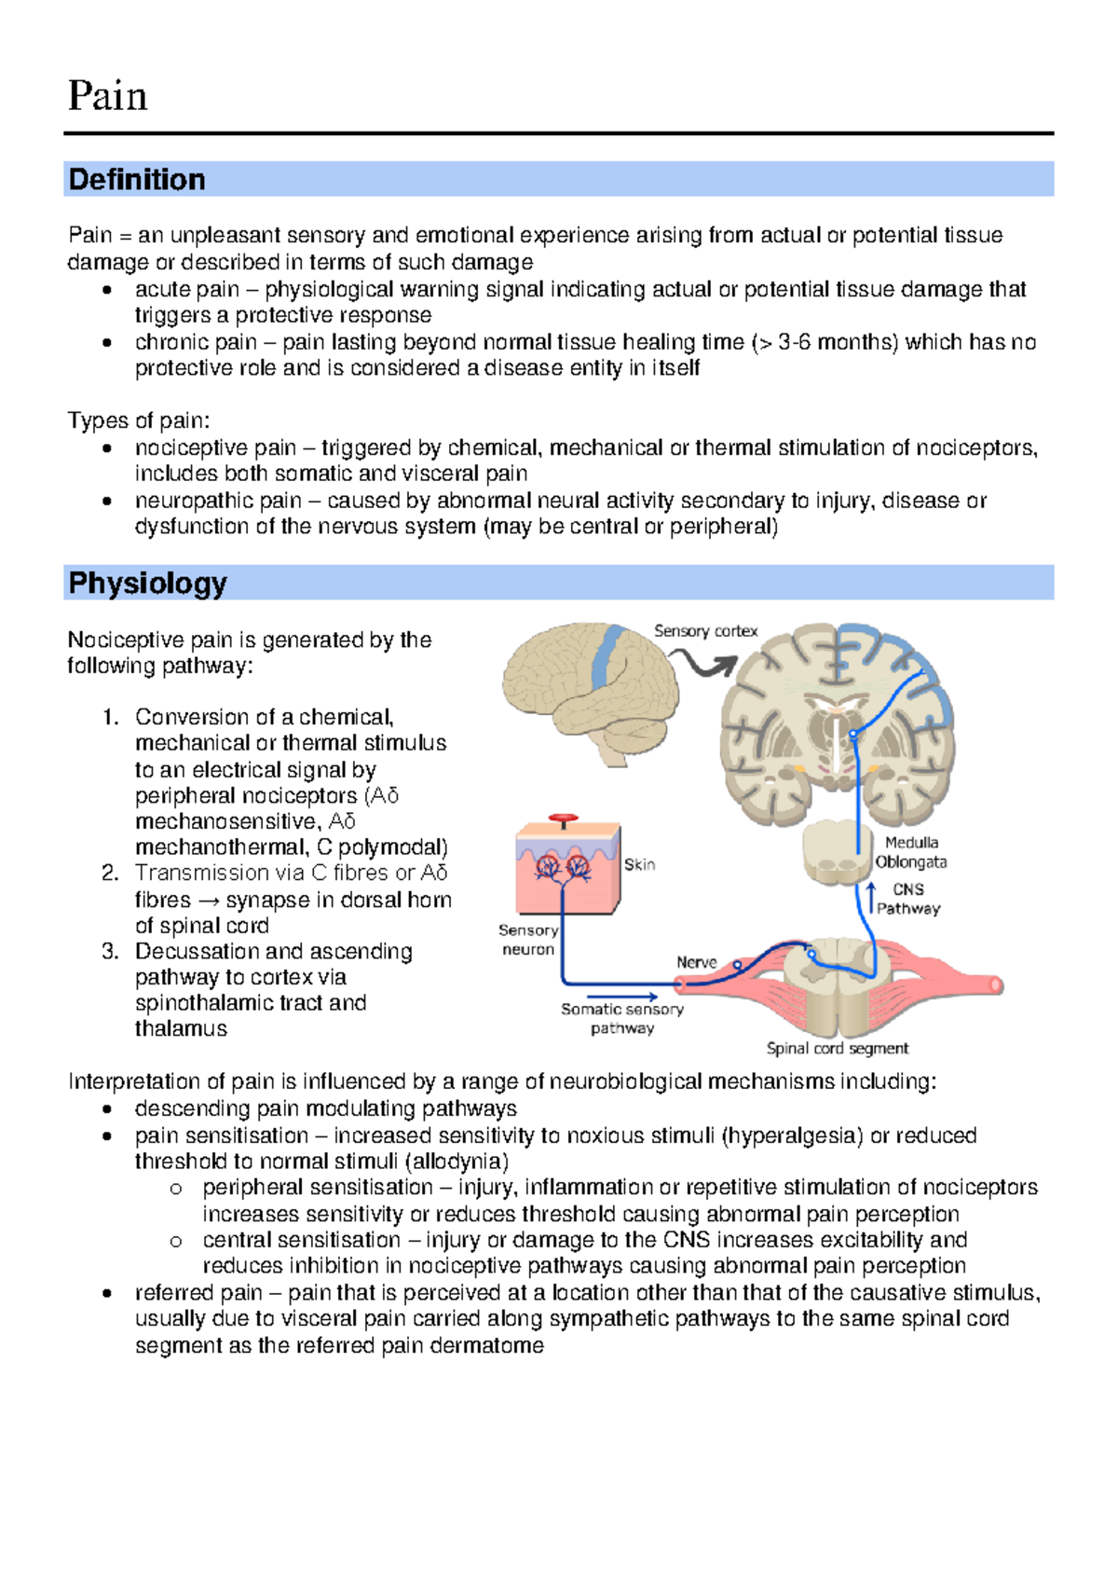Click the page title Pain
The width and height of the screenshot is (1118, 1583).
(x=107, y=96)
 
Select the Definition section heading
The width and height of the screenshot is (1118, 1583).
(x=137, y=179)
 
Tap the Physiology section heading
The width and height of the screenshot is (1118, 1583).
(x=147, y=583)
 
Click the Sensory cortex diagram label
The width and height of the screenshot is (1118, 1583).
(x=705, y=631)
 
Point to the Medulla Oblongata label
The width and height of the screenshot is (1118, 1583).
(x=911, y=852)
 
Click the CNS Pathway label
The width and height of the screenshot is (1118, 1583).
(x=908, y=899)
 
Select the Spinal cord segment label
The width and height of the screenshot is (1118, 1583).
(x=837, y=1048)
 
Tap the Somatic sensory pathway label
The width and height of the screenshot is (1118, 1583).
(x=622, y=1018)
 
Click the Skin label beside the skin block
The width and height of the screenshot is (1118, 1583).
(x=639, y=864)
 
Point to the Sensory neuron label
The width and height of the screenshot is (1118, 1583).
(x=528, y=940)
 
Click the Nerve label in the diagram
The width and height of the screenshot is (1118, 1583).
(x=696, y=962)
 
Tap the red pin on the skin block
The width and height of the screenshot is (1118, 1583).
(x=563, y=820)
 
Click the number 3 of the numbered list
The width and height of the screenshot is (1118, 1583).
(x=110, y=951)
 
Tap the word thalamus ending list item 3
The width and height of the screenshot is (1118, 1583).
(x=181, y=1028)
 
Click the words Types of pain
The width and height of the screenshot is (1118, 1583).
(x=138, y=420)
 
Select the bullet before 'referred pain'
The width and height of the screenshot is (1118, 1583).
(x=109, y=1293)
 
